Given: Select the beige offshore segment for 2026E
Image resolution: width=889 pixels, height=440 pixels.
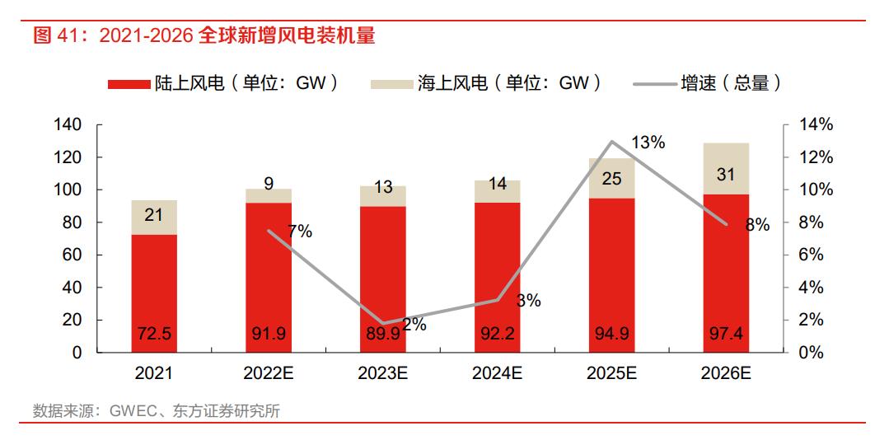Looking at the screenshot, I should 726,169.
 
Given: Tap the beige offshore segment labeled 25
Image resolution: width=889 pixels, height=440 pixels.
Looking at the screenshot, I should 611,178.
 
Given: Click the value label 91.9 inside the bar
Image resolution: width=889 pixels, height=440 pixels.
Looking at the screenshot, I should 269,335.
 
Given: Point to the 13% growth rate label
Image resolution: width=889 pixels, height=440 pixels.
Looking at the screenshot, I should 648,143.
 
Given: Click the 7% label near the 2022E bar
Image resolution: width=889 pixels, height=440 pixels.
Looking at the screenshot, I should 300,232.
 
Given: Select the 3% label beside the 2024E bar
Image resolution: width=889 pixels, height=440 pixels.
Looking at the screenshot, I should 528,301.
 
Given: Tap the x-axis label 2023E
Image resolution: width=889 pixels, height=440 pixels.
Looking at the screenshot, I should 383,372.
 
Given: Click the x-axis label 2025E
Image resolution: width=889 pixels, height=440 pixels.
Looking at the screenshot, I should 611,372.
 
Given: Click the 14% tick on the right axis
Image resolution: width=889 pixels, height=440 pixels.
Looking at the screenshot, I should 816,125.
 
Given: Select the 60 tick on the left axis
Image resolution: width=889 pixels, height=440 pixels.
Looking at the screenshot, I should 73,255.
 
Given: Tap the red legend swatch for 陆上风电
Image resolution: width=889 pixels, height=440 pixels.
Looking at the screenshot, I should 128,83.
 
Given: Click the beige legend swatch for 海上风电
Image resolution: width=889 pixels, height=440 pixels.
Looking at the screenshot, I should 391,83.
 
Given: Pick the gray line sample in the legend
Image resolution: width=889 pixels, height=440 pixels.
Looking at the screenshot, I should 653,83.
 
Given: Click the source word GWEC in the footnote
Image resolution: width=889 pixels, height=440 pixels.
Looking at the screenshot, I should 129,411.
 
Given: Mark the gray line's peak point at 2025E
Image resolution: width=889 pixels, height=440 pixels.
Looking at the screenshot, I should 611,142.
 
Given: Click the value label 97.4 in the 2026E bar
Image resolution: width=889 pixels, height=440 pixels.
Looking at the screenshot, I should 726,335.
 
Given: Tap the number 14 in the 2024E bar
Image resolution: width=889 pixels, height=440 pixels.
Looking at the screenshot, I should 497,185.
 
